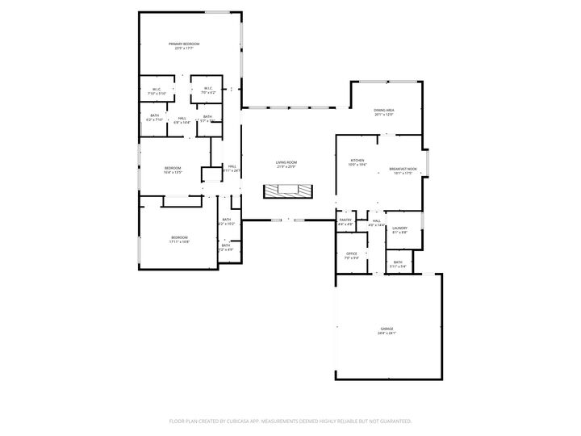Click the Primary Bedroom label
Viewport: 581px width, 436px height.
[x=184, y=44]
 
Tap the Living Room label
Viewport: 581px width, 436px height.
[x=286, y=162]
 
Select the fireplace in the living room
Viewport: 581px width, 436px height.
[x=286, y=191]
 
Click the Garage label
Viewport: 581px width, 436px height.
[x=387, y=329]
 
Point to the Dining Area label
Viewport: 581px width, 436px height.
[x=383, y=110]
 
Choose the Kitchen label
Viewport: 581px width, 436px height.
[x=357, y=160]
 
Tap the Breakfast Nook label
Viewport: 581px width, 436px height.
[x=401, y=169]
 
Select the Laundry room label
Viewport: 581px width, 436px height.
[x=399, y=228]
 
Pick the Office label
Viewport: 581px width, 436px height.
[x=351, y=254]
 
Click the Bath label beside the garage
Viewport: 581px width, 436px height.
[x=398, y=262]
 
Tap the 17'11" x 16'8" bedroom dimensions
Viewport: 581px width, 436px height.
[x=179, y=241]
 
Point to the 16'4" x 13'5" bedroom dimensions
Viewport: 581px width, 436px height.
[x=173, y=173]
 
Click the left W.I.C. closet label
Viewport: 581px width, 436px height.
[x=156, y=89]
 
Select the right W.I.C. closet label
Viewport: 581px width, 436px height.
[x=207, y=89]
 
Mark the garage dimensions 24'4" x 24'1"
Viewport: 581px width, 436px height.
[x=387, y=333]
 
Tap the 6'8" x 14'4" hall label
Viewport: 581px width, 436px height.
[x=182, y=123]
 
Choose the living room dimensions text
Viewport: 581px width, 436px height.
[x=286, y=167]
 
